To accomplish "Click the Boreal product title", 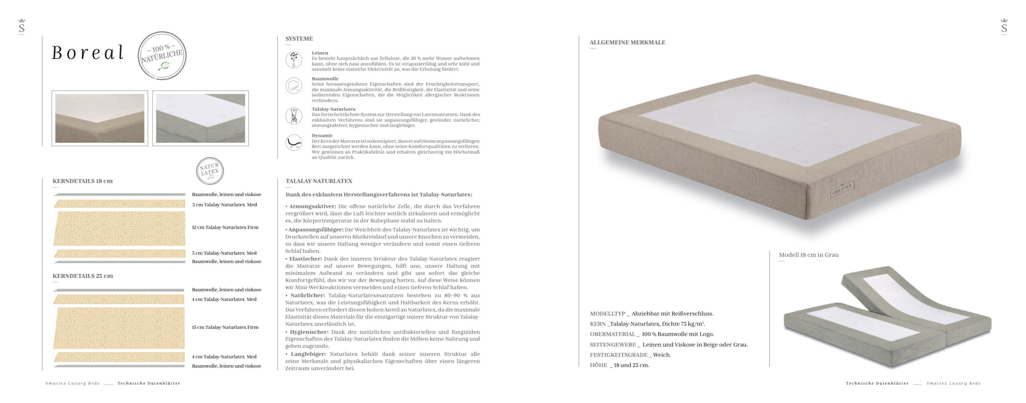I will pos(88,53).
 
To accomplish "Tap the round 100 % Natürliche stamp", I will pos(162,56).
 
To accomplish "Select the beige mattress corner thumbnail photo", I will pos(100,118).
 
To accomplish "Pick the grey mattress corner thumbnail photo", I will pos(200,118).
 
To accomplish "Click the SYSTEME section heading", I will pos(299,39).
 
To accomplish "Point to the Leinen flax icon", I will pos(294,60).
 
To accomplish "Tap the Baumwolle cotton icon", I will pos(294,86).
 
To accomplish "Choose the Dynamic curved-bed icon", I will pos(294,143).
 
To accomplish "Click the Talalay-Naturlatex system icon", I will pos(294,116).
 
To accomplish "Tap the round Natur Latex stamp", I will pos(210,171).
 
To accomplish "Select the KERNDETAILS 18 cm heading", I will pos(83,181).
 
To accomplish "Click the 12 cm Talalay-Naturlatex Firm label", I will pos(225,228).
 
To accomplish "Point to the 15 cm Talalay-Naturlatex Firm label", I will pos(225,327).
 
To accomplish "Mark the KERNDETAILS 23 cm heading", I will pos(83,276).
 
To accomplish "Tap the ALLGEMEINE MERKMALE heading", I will pos(627,42).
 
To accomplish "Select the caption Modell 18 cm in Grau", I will pos(808,255).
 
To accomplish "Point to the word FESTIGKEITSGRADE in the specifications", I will pos(618,355).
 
